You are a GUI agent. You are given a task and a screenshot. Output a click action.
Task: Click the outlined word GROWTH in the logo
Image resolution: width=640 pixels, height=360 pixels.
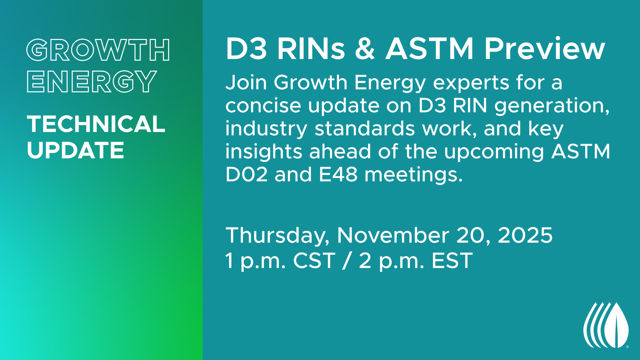pos(98,50)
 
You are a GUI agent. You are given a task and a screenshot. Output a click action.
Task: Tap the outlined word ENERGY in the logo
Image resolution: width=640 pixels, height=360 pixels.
pos(92,81)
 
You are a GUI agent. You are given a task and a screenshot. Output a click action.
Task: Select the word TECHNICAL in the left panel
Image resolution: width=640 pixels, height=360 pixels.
pos(96,124)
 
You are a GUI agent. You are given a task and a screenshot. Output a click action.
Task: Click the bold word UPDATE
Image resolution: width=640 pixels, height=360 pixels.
pos(75,150)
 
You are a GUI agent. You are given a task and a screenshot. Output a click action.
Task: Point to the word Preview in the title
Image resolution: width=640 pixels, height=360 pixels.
pos(545,49)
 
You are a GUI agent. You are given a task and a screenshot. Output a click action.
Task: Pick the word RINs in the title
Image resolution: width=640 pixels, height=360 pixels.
pos(311,49)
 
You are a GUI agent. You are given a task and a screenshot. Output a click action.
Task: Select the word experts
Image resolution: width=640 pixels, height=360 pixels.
pos(471,83)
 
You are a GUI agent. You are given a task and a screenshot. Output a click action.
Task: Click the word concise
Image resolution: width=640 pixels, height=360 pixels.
pos(263,105)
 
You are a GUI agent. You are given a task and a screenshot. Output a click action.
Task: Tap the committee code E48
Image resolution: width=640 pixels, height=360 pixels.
pos(338,174)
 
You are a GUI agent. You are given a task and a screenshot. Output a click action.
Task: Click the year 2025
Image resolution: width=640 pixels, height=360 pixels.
pos(525,235)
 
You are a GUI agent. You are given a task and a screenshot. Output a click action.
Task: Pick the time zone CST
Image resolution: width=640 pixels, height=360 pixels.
pos(314,260)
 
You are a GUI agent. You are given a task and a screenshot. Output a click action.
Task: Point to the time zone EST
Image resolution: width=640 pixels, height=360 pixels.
pos(452,260)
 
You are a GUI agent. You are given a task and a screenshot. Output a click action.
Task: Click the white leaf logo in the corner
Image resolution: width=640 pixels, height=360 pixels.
pos(606,325)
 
